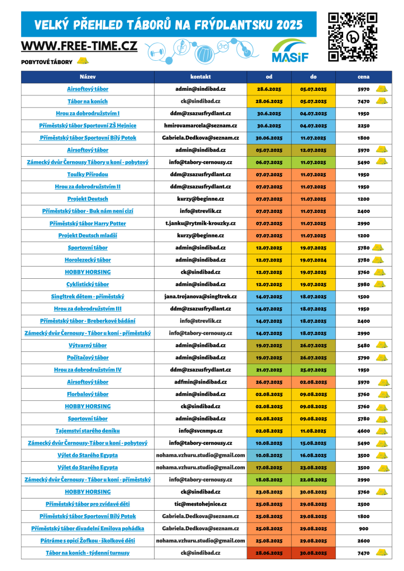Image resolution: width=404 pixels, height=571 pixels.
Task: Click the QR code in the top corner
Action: coord(353,36)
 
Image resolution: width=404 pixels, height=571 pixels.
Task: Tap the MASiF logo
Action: coord(288,51)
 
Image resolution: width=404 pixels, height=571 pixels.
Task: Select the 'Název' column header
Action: coord(88,76)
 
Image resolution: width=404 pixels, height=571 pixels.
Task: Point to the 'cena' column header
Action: coord(363,76)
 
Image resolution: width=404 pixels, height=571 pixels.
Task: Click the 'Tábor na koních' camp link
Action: coord(88,101)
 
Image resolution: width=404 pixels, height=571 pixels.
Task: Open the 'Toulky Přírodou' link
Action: coord(88,175)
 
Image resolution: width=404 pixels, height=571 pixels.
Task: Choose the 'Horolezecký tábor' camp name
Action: coord(88,260)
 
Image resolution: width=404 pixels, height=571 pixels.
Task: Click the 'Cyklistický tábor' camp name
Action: coord(88,284)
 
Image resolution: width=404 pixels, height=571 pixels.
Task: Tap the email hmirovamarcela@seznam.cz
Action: coord(200,125)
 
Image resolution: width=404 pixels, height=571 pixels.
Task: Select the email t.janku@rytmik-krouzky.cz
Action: coord(200,223)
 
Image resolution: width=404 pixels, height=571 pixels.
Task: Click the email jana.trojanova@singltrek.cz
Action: coord(200,297)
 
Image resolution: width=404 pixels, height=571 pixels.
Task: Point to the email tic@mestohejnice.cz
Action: coord(200,504)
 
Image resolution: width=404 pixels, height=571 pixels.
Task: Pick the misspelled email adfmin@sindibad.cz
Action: coord(200,382)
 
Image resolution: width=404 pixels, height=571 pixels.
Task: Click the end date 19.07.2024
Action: coord(313,260)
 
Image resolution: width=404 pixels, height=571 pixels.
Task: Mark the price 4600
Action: coord(364,431)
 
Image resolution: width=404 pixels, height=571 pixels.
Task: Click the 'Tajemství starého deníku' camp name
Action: coord(88,431)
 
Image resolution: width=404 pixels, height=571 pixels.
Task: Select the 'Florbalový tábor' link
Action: coord(88,394)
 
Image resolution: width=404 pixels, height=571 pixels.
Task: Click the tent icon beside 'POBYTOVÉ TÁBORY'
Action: coord(83,61)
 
